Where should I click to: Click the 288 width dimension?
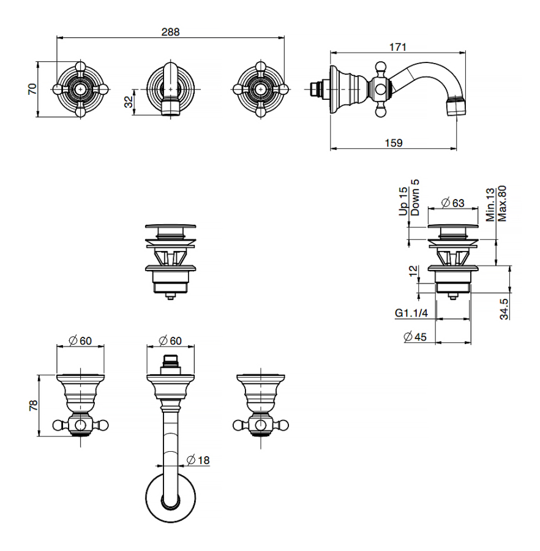(170, 32)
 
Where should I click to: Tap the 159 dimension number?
(394, 143)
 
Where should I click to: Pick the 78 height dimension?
(34, 405)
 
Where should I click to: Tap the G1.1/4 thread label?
(411, 313)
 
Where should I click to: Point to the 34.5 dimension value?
(503, 309)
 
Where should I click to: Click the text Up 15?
(403, 201)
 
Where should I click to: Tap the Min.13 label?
(490, 205)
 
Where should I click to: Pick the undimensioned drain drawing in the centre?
(170, 260)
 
